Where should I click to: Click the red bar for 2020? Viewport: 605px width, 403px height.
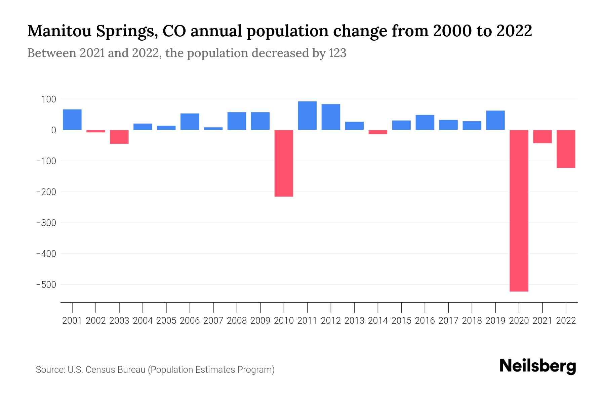519,211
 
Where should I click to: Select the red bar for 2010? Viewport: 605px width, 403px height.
284,163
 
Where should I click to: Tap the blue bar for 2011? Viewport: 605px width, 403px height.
307,116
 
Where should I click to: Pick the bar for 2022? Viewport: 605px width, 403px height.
566,149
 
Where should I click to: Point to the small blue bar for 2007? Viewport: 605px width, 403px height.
213,128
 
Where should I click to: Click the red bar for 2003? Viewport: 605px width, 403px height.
119,137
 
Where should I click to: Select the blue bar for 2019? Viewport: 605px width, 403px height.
495,120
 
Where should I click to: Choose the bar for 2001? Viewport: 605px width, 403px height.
72,120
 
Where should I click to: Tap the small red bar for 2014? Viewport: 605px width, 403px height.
378,132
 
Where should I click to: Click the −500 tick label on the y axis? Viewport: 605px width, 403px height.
46,285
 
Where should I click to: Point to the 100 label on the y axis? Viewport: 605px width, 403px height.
49,99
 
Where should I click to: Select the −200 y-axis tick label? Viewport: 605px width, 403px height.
46,192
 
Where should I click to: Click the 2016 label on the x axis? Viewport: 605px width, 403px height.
425,321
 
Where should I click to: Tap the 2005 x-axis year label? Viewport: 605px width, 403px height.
166,321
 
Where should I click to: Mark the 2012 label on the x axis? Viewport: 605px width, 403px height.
331,321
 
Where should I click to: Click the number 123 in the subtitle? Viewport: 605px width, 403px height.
337,53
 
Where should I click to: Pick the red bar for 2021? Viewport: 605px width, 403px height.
542,137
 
